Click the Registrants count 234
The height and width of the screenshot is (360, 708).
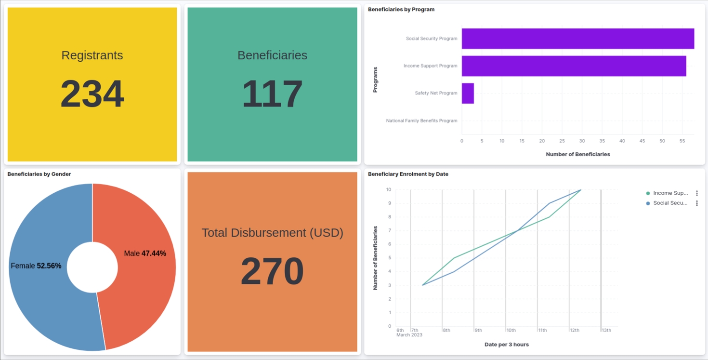(x=92, y=94)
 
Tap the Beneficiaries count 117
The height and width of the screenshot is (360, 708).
(x=272, y=94)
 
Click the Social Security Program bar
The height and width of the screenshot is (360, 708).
(x=577, y=39)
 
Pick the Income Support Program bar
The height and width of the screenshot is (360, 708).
(x=574, y=66)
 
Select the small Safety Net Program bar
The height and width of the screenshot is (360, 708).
(x=468, y=93)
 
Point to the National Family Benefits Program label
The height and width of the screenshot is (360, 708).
(x=421, y=121)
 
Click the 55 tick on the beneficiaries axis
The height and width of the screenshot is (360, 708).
(x=682, y=141)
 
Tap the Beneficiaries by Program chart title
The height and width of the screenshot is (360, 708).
(x=401, y=9)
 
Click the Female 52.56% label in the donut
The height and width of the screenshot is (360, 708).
(x=36, y=266)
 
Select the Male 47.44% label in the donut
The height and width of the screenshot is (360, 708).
(x=145, y=253)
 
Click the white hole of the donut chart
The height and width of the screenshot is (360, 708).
(x=92, y=267)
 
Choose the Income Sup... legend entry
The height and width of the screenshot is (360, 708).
(x=670, y=193)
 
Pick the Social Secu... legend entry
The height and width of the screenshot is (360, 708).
(x=670, y=203)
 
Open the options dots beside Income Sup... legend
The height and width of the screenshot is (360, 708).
(x=696, y=193)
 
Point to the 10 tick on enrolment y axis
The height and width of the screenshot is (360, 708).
(x=388, y=190)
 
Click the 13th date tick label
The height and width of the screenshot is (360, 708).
(x=606, y=331)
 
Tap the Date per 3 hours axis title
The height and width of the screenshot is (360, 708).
(x=506, y=345)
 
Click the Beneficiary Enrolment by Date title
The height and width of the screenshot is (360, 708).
(x=408, y=174)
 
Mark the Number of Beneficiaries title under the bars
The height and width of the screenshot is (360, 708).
(x=577, y=154)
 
